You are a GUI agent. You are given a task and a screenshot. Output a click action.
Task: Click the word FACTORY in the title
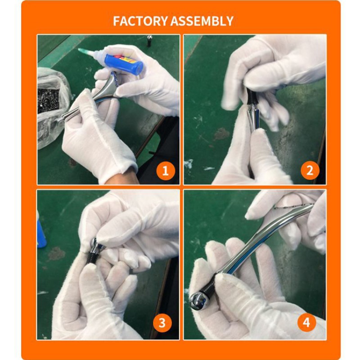click(140, 21)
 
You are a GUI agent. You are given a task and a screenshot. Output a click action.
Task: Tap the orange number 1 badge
click(165, 171)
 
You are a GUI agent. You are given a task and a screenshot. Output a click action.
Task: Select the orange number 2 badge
click(310, 171)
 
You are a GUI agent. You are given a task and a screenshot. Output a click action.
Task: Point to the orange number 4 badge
click(306, 323)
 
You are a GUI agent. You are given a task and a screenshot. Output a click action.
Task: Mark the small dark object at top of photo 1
click(149, 40)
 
